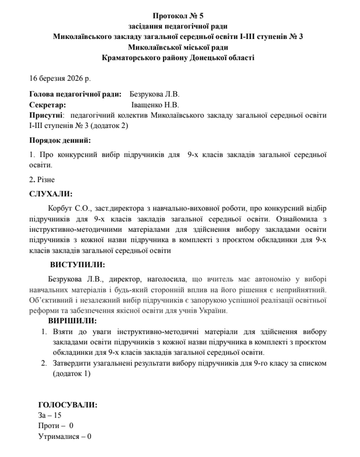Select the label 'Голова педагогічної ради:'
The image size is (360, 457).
click(75, 95)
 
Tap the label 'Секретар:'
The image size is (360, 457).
click(47, 105)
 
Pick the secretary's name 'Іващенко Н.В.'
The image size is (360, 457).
click(155, 105)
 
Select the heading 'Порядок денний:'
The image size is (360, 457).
click(60, 140)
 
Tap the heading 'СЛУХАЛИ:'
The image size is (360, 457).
click(50, 193)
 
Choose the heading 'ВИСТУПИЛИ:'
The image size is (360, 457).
click(77, 264)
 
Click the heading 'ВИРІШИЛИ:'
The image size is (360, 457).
click(72, 321)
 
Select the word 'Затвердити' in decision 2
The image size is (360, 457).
click(72, 364)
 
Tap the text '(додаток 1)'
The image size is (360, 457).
click(71, 374)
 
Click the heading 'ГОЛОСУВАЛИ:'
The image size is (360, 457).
click(67, 405)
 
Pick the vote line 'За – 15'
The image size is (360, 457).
click(50, 415)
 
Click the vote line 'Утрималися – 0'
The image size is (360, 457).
click(64, 437)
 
